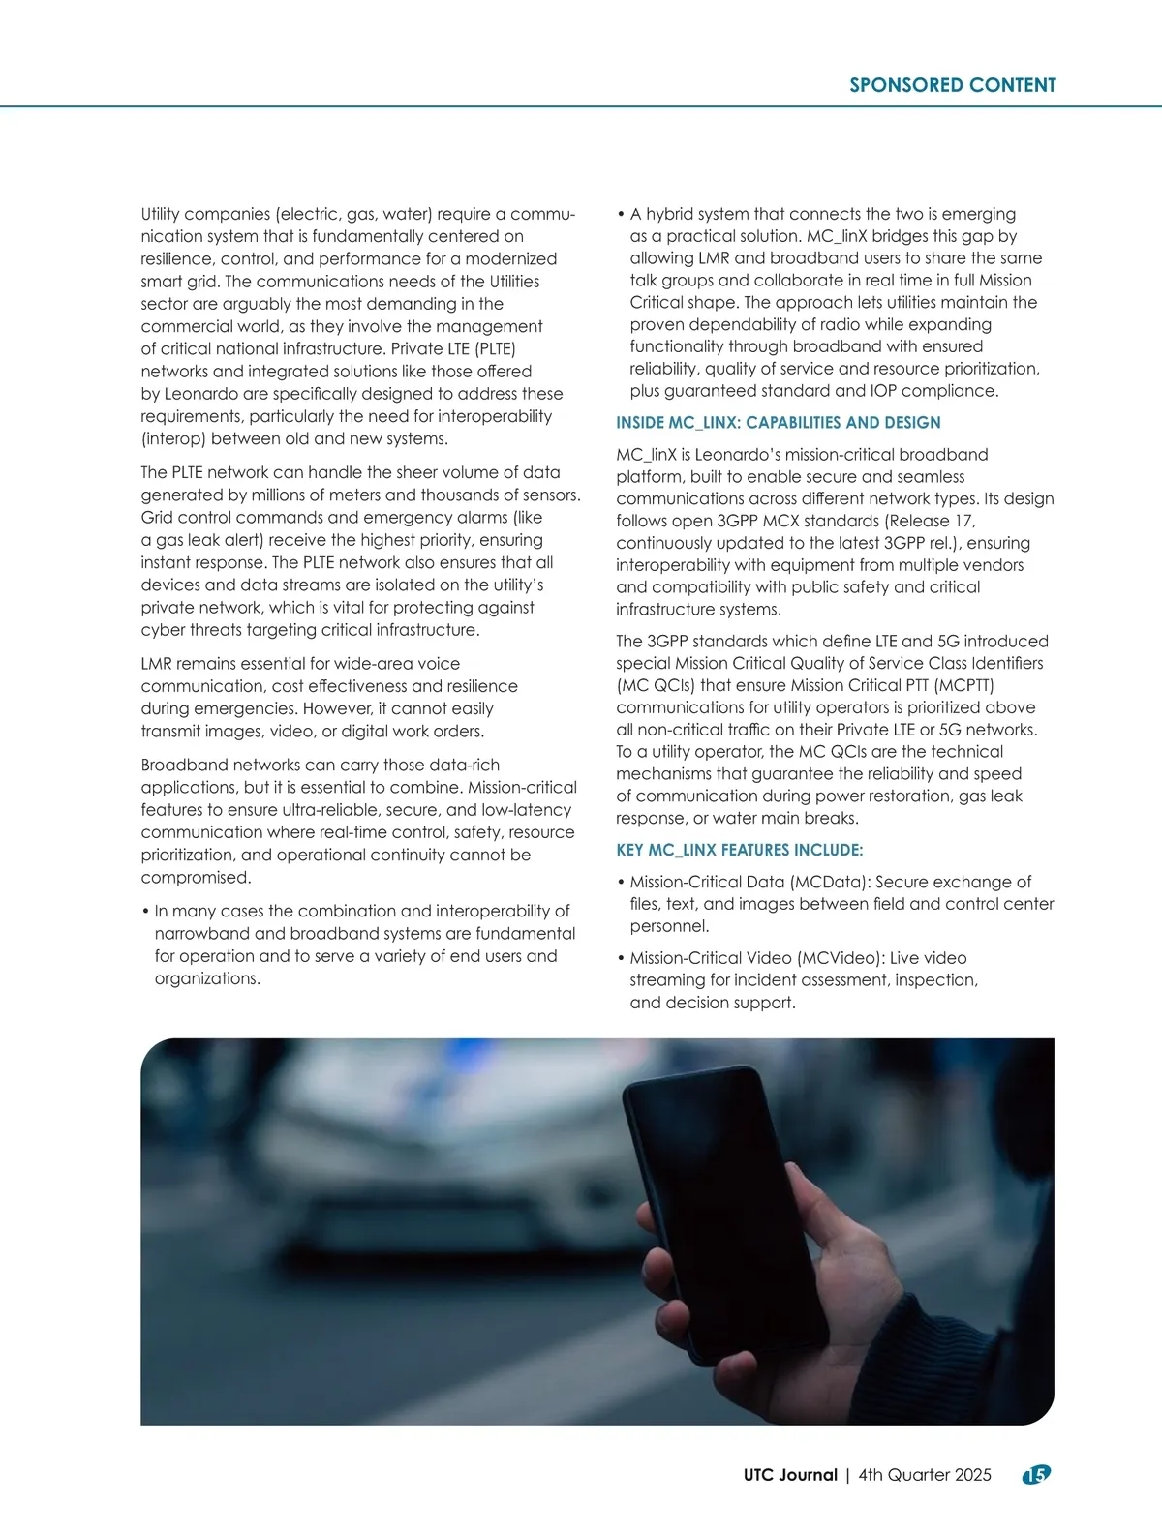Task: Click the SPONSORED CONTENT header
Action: [x=952, y=85]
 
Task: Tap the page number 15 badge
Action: [x=1036, y=1474]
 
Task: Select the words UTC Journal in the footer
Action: [x=790, y=1475]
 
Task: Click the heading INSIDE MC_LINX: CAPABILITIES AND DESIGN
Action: [x=779, y=423]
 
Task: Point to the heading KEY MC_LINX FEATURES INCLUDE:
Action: [x=739, y=850]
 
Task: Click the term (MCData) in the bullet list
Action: [x=829, y=882]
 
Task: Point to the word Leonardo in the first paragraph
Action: [x=204, y=394]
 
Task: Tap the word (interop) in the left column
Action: [x=173, y=438]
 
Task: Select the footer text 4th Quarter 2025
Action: [x=925, y=1475]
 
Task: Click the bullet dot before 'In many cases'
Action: [x=144, y=912]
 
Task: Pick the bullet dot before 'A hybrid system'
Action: [x=620, y=214]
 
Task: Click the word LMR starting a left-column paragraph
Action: [x=157, y=664]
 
